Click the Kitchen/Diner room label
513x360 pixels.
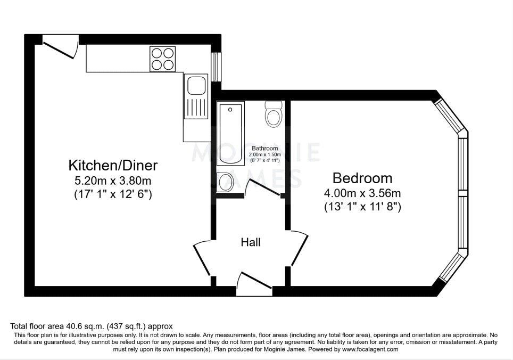[113, 164]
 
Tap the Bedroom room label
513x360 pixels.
[362, 178]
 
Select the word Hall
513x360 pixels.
[251, 242]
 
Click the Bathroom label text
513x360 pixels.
[264, 148]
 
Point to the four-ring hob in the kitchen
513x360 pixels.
[163, 59]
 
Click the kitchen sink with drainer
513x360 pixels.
[195, 96]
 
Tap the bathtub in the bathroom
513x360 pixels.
[231, 133]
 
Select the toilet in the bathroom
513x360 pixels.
[274, 114]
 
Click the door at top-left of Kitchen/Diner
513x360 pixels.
[60, 47]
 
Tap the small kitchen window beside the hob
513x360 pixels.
[216, 67]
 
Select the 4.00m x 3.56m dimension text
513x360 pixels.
[362, 193]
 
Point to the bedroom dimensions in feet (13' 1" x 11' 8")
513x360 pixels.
[362, 207]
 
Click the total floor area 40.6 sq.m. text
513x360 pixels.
[92, 326]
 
